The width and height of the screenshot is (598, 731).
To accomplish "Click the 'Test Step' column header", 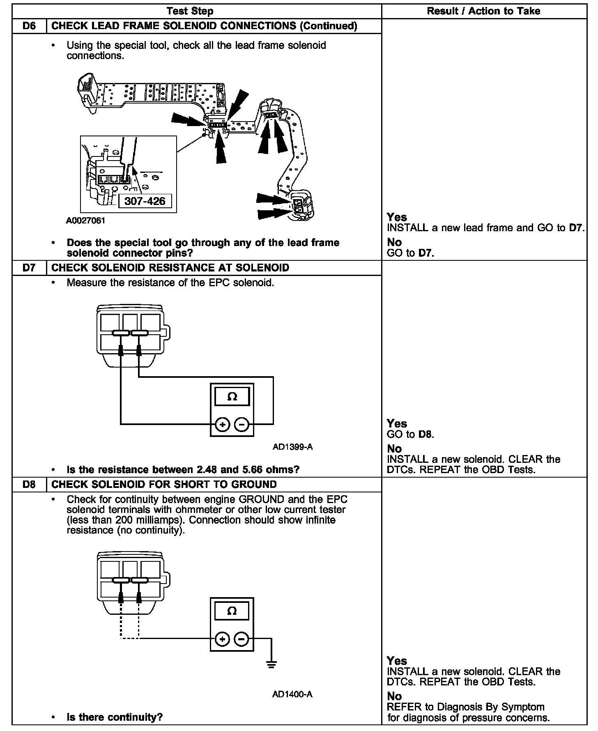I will pos(190,11).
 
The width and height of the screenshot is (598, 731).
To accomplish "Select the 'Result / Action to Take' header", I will pos(483,11).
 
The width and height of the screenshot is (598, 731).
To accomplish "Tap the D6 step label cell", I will pos(29,26).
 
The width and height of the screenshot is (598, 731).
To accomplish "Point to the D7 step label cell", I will pos(29,268).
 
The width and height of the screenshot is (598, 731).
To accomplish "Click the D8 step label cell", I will pos(29,484).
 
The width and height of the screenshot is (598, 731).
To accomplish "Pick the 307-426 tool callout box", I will pos(145,201).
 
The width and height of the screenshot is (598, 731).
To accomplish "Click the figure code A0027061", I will pos(85,221).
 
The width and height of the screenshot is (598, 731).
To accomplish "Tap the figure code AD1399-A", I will pos(292,447).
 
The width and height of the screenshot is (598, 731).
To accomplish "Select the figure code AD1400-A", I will pos(292,694).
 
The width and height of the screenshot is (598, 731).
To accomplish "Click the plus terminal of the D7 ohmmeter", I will pos(222,424).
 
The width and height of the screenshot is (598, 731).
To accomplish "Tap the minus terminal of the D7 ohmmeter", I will pos(242,424).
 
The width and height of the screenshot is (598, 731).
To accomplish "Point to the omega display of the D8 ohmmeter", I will pos(232,611).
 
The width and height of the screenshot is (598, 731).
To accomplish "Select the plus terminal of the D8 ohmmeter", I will pos(222,639).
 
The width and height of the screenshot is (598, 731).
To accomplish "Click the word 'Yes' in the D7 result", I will pos(397,423).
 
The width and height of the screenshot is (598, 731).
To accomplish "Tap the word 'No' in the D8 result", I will pos(394,696).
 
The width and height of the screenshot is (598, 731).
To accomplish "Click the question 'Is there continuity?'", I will pos(115,717).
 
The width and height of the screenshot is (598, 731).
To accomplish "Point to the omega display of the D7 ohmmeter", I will pos(232,397).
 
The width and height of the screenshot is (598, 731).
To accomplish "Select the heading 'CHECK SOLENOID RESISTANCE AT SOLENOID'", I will pos(170,268).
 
